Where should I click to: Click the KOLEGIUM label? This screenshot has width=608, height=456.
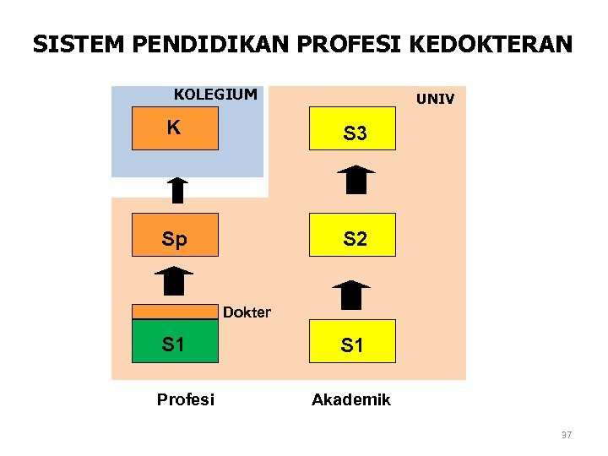215,94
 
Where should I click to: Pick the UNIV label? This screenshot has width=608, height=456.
435,100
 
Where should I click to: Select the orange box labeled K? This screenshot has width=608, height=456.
175,128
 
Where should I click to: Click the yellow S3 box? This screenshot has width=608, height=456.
352,129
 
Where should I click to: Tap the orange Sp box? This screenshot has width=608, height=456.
175,235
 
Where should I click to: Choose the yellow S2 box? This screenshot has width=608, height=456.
352,235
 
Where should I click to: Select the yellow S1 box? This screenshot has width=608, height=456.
352,341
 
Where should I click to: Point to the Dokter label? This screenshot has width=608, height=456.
247,312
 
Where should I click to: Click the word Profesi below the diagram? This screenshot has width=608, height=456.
186,399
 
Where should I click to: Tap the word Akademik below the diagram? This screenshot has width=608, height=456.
351,399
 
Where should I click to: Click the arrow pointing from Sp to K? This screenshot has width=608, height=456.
176,190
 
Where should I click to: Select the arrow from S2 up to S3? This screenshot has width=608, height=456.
356,180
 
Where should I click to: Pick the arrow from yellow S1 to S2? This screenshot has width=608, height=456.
351,295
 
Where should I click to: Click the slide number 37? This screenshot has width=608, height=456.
566,436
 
